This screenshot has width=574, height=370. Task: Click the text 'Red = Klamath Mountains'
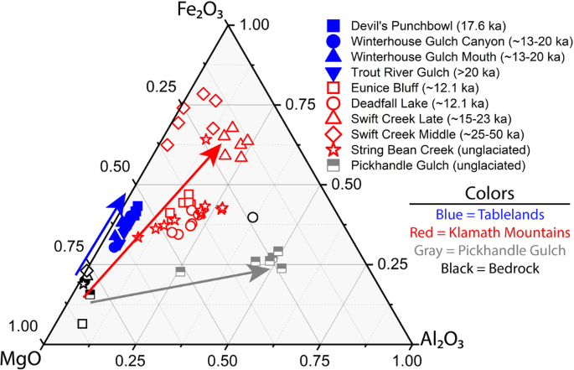pyautogui.click(x=489, y=231)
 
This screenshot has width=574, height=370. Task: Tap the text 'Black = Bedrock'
pyautogui.click(x=489, y=268)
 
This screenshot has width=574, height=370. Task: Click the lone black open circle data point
pyautogui.click(x=253, y=217)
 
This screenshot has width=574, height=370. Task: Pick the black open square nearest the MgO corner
pyautogui.click(x=82, y=323)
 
